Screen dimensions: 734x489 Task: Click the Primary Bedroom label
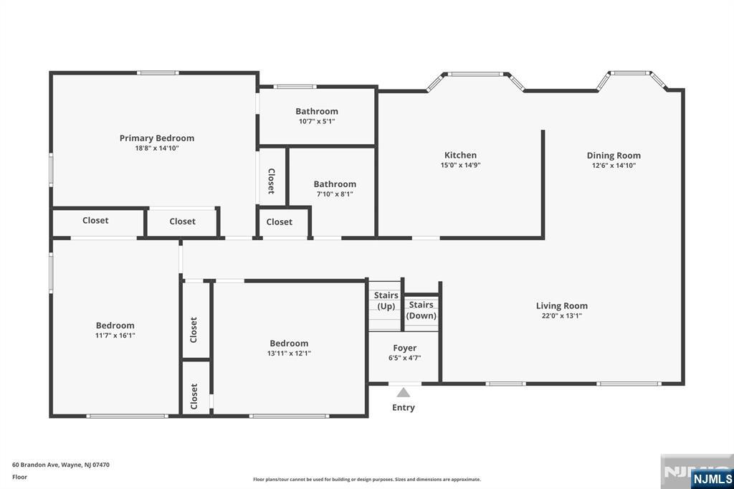coord(156,138)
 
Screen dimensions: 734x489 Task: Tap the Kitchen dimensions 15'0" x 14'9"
coord(461,165)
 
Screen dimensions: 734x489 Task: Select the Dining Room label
coord(614,156)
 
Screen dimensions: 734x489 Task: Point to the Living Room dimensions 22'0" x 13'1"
coord(562,315)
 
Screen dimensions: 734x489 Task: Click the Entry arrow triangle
coord(404,392)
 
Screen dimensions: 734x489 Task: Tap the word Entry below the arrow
coord(404,407)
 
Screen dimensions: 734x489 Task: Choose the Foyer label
coord(405,348)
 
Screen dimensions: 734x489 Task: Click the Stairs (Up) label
coord(386,300)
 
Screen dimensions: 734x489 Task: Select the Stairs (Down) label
coord(421,310)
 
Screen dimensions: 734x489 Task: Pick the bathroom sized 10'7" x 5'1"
coord(317,115)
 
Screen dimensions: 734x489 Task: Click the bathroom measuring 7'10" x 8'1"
coord(335,189)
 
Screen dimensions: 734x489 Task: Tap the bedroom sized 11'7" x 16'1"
coord(115,330)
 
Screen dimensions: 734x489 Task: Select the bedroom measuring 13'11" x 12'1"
coord(289,348)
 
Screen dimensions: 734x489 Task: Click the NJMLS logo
coord(712,479)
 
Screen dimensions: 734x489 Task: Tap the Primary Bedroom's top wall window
coord(158,72)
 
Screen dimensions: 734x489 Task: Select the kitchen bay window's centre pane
coord(475,74)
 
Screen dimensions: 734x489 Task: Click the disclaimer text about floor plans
coord(367,480)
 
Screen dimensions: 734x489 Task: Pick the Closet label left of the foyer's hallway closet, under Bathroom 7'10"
coord(280,222)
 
